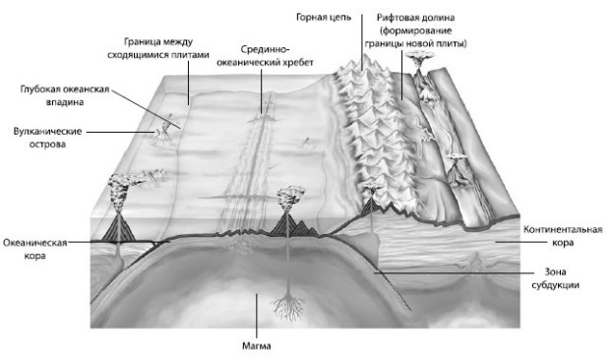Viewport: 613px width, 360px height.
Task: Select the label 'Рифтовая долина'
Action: coord(421,18)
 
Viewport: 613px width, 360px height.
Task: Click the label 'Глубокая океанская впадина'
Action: coord(64,94)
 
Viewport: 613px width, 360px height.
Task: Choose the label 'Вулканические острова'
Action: coord(39,137)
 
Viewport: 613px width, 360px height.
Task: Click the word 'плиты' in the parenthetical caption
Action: coord(450,44)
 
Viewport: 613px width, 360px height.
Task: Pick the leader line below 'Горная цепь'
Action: coord(361,44)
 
